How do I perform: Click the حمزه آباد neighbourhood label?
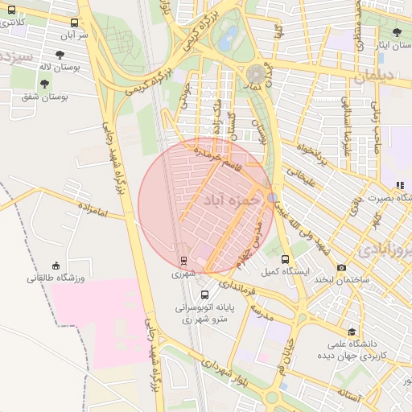pos(233,199)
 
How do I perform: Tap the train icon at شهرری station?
pos(183,261)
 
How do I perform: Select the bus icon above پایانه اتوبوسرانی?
pos(204,295)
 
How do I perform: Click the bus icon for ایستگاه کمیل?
pos(286,259)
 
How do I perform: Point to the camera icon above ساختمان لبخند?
pos(342,267)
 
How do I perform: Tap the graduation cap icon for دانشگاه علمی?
pos(352,331)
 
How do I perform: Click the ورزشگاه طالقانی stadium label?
pos(56,278)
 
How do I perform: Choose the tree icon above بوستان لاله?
pos(60,55)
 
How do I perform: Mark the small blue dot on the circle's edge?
pos(273,197)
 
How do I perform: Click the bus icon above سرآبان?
pos(75,23)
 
